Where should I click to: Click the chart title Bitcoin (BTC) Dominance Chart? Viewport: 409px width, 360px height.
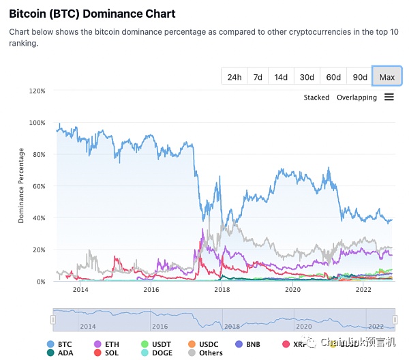pos(92,14)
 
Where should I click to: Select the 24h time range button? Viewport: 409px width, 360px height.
pos(234,77)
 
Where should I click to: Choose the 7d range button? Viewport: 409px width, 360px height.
pos(258,77)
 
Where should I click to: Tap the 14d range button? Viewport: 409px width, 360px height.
pos(281,77)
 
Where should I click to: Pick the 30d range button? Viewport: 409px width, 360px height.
pos(307,77)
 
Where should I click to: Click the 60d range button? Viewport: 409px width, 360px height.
pos(333,77)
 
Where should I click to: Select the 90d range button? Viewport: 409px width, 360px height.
pos(359,77)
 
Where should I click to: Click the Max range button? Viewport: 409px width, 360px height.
pos(387,77)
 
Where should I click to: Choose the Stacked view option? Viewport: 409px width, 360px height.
pos(316,97)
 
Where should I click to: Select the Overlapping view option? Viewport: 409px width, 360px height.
pos(357,97)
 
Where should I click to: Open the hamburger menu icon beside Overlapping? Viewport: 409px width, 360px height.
pos(389,97)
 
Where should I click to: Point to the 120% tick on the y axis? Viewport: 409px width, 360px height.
pos(36,91)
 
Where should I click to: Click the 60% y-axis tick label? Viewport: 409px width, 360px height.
pos(38,186)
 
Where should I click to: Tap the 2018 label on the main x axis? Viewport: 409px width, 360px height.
pos(222,290)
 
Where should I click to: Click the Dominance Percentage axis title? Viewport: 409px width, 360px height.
pos(21,186)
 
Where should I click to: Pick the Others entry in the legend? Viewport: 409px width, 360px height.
pos(206,352)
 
